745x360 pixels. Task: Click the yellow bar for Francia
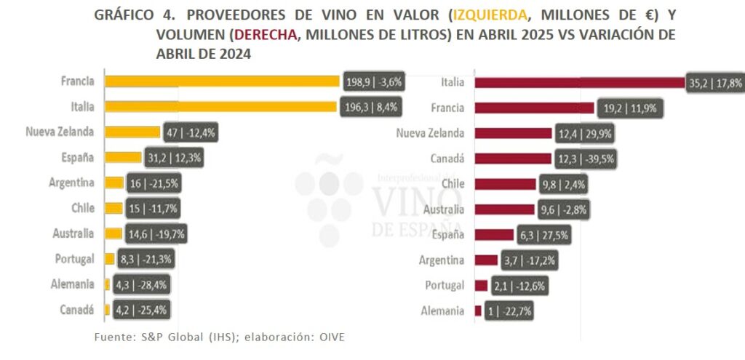click(x=222, y=81)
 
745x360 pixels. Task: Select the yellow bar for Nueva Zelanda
click(x=132, y=132)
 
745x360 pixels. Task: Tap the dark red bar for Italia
click(x=579, y=82)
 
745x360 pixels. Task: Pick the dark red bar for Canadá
click(x=513, y=158)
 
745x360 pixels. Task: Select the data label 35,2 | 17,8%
click(x=715, y=82)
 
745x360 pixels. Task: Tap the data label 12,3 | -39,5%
click(x=586, y=158)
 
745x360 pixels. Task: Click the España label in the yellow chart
click(x=79, y=157)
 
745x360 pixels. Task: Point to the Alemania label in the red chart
click(x=442, y=311)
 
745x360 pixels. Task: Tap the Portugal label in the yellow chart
click(x=75, y=258)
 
